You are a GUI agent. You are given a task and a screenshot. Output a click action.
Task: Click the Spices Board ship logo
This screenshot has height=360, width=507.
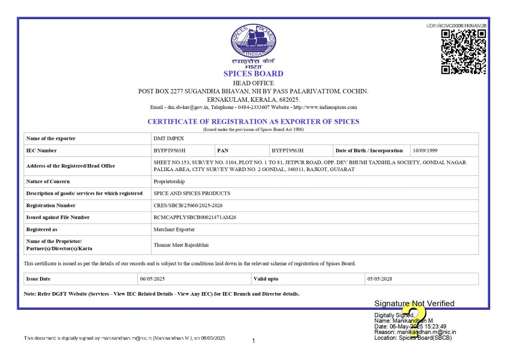tap(253, 41)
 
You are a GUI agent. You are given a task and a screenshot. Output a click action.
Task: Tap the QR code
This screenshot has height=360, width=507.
tap(463, 52)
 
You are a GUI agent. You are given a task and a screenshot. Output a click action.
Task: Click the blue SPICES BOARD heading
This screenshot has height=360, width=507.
tap(253, 74)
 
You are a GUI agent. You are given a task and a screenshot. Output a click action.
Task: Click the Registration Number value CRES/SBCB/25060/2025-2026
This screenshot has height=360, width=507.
tap(188, 206)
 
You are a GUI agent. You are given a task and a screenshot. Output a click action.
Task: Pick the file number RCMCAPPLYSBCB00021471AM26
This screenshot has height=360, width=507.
tap(195, 217)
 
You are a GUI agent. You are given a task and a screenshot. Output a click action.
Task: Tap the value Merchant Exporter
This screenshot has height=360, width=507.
tap(174, 229)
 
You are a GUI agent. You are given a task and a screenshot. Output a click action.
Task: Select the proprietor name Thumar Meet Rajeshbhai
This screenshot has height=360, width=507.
tap(181, 245)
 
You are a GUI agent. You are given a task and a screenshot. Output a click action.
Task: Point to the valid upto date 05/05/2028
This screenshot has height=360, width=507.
tap(380, 279)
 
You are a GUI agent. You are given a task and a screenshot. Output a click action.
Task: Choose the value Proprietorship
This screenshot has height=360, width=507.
tap(169, 182)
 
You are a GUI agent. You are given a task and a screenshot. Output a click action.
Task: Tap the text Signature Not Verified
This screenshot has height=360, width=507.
tap(414, 304)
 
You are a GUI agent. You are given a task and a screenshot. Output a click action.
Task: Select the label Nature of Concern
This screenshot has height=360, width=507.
tap(48, 182)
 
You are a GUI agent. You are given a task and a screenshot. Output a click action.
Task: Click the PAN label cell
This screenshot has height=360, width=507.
tap(223, 151)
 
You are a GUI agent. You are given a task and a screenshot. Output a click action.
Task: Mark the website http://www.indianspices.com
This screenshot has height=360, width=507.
tap(325, 108)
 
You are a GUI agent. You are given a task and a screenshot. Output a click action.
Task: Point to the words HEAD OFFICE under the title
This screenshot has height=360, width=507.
tap(253, 83)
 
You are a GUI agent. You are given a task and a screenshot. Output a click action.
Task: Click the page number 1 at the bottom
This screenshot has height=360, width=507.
tap(253, 341)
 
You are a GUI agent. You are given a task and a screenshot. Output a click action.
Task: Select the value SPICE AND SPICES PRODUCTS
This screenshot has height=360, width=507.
tap(192, 193)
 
